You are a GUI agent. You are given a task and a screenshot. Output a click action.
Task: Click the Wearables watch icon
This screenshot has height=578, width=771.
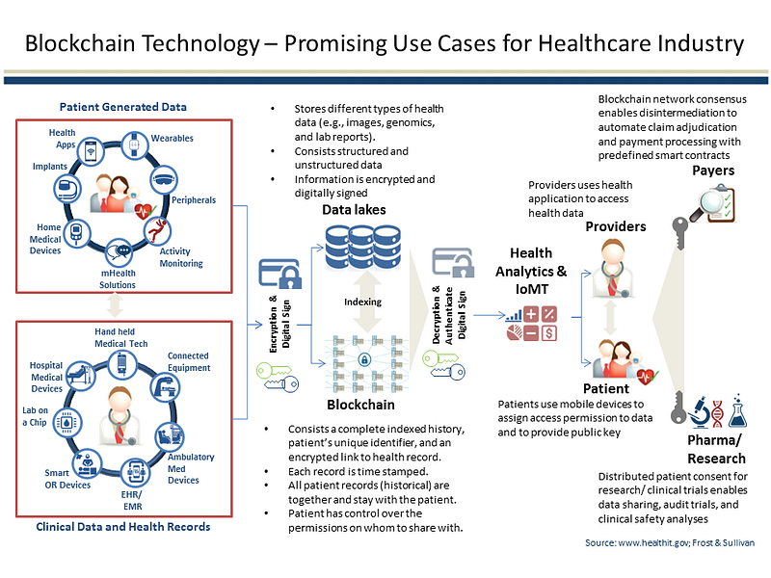tap(134, 145)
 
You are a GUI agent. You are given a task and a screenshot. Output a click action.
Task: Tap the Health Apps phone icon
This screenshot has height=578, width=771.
tap(91, 151)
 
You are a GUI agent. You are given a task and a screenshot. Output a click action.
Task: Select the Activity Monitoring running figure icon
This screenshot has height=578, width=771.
tap(157, 231)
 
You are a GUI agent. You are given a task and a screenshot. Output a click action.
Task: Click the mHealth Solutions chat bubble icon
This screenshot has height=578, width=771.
tap(119, 252)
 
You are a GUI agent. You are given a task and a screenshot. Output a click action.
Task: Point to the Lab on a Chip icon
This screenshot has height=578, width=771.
tap(67, 423)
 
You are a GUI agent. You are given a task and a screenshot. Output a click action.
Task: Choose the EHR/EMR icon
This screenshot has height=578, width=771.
tap(136, 472)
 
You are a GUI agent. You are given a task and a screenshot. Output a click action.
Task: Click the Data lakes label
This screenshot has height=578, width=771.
tap(354, 210)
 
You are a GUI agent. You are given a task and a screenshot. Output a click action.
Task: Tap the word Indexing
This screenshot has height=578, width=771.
tap(363, 302)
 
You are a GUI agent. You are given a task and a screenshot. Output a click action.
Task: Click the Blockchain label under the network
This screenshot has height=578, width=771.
tap(360, 405)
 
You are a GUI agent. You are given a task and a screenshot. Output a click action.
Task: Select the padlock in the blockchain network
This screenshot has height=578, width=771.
tap(364, 359)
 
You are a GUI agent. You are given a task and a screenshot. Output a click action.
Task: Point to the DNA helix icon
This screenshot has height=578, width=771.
tap(717, 413)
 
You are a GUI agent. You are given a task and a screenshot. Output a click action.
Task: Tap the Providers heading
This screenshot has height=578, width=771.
tap(616, 226)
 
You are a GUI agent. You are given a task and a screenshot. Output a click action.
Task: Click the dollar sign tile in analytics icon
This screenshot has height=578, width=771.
tap(549, 333)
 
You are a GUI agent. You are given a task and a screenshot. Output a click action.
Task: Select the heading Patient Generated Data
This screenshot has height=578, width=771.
tap(123, 107)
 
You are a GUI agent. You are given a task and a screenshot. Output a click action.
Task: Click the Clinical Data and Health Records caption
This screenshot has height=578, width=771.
tap(123, 527)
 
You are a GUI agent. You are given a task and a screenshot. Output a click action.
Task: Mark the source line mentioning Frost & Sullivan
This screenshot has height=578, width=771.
tap(670, 542)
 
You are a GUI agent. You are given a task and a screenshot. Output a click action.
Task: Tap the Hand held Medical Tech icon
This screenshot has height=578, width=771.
tap(122, 365)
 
